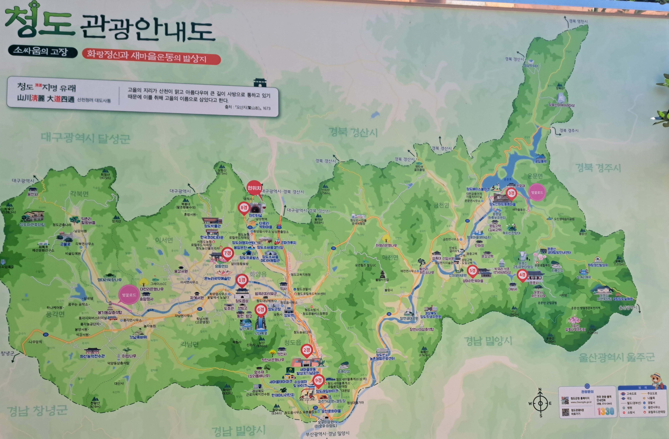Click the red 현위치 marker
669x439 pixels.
(254, 188)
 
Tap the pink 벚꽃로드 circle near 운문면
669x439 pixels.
(537, 193)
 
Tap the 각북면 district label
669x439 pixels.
(79, 194)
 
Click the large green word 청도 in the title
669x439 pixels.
(39, 23)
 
